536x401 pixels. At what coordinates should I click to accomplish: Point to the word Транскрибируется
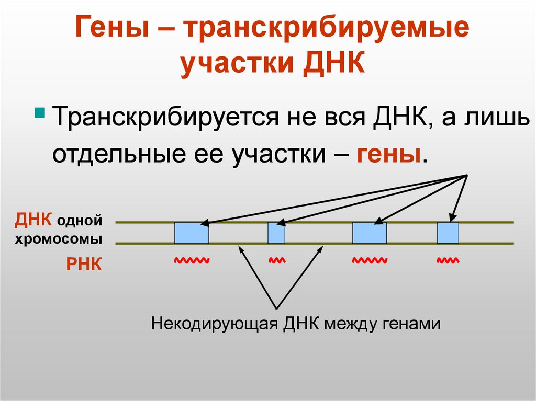point(162,118)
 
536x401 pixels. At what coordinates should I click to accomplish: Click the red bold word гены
point(389,154)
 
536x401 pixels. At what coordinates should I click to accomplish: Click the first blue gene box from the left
point(192,233)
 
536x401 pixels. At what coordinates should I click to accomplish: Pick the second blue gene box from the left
point(276,233)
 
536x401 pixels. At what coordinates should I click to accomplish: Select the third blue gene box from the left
point(370,233)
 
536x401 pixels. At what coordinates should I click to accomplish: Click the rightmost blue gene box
point(448,233)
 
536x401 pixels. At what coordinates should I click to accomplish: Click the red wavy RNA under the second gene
point(276,259)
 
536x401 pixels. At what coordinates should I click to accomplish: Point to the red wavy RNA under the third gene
point(370,259)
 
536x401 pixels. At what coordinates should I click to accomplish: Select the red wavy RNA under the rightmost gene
point(448,259)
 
